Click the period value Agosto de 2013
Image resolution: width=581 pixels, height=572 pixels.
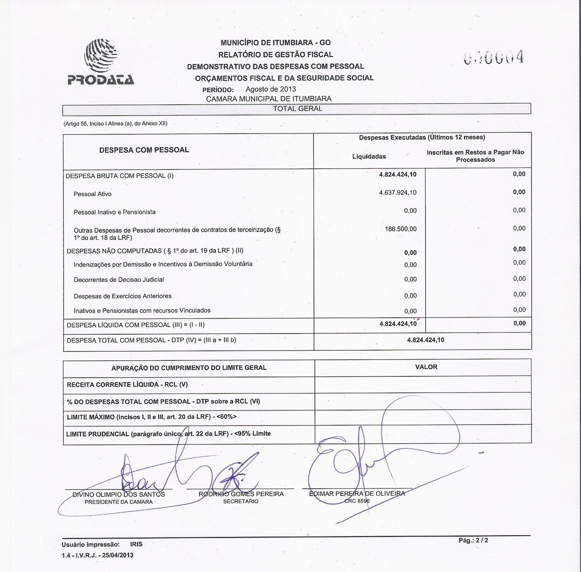271,89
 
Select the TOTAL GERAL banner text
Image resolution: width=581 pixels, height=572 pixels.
297,108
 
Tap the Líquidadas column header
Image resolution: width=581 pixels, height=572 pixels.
369,156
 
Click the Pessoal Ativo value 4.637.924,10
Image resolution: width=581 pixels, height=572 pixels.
398,192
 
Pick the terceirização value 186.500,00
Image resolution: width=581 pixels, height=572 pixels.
401,229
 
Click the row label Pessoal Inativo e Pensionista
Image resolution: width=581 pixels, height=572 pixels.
114,212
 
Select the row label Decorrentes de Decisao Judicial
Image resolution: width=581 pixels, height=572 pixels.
119,280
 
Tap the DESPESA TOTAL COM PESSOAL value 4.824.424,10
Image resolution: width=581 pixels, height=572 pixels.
426,340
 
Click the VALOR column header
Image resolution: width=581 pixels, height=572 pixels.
426,367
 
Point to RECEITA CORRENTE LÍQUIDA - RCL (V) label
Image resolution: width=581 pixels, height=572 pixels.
127,384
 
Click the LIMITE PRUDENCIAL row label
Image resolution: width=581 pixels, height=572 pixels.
168,434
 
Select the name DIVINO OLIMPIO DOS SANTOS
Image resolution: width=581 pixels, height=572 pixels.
119,495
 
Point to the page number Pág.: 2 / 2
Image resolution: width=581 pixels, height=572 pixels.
473,540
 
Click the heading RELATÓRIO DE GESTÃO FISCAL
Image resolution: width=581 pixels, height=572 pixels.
275,55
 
